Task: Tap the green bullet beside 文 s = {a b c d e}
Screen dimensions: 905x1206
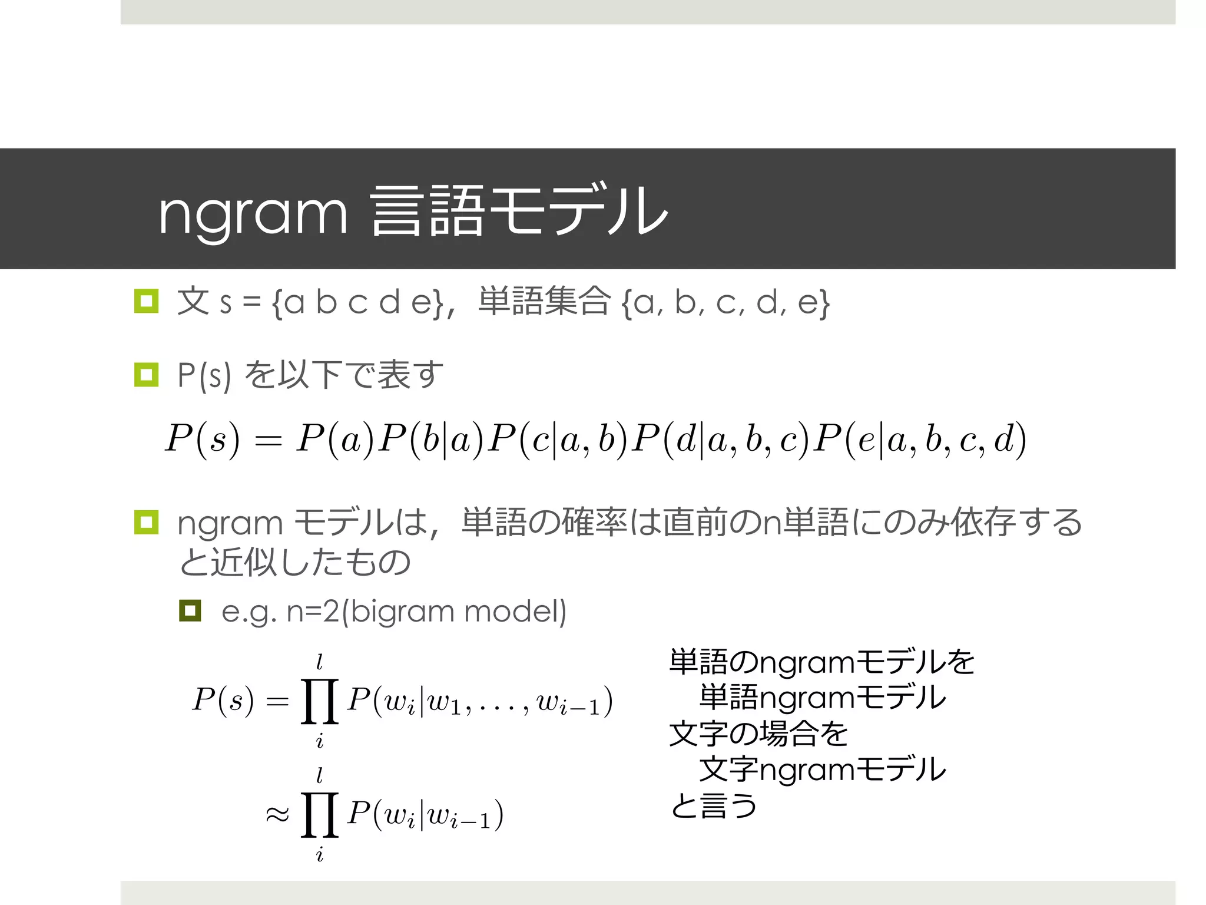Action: [x=146, y=301]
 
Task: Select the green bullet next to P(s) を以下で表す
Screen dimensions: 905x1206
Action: [x=146, y=375]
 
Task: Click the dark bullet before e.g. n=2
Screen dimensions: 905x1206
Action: [x=190, y=611]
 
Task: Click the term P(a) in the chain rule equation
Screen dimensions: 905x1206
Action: [x=335, y=440]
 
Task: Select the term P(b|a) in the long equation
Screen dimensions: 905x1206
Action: [x=430, y=440]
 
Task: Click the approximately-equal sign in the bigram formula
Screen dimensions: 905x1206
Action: [x=277, y=815]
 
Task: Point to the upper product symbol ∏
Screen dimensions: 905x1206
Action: [x=319, y=701]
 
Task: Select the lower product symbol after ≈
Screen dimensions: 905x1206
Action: [x=319, y=815]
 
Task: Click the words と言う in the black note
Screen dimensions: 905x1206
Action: [x=713, y=805]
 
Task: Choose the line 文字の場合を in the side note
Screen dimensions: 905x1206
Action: [x=758, y=734]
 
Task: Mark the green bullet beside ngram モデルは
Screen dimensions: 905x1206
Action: [x=146, y=523]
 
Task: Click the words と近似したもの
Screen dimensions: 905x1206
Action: [x=294, y=562]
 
